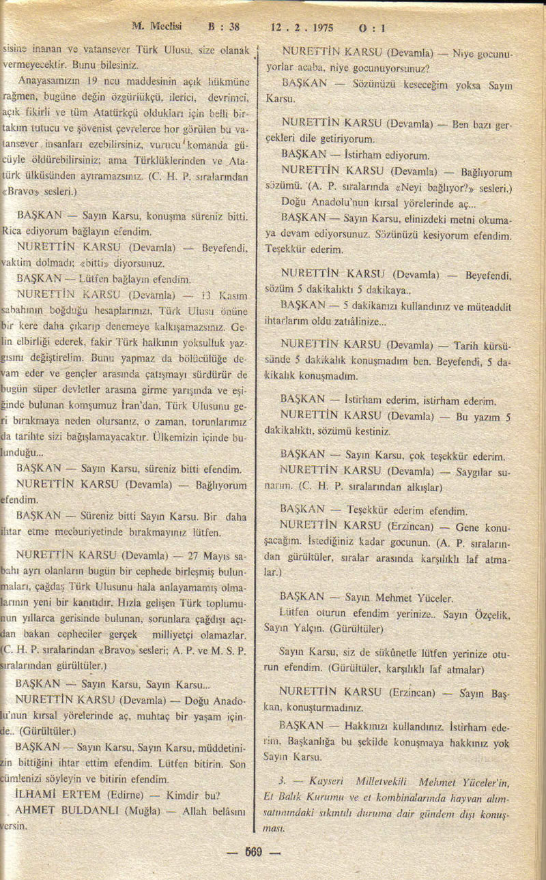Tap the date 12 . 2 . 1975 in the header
(x=302, y=28)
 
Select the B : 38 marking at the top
(x=225, y=27)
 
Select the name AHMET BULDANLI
(x=63, y=810)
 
